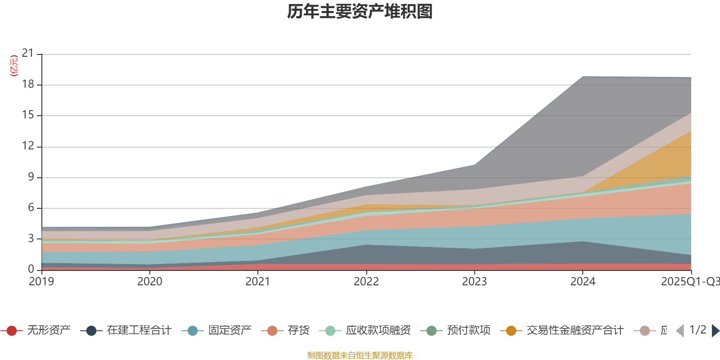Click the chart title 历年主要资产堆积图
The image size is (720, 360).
[x=360, y=12]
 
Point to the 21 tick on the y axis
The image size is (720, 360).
[x=28, y=54]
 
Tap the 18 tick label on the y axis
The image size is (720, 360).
[x=28, y=84]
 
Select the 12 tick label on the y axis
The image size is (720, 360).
[x=28, y=146]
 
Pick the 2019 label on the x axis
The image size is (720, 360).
[x=41, y=282]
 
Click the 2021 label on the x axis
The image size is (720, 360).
[x=258, y=282]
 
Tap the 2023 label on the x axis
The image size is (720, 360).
[x=474, y=282]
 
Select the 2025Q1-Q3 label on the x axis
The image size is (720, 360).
[x=689, y=282]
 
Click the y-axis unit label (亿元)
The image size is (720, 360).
[x=14, y=66]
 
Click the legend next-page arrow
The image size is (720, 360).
[x=715, y=331]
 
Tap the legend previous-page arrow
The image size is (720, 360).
[x=680, y=331]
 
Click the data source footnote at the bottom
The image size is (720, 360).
[x=360, y=355]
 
